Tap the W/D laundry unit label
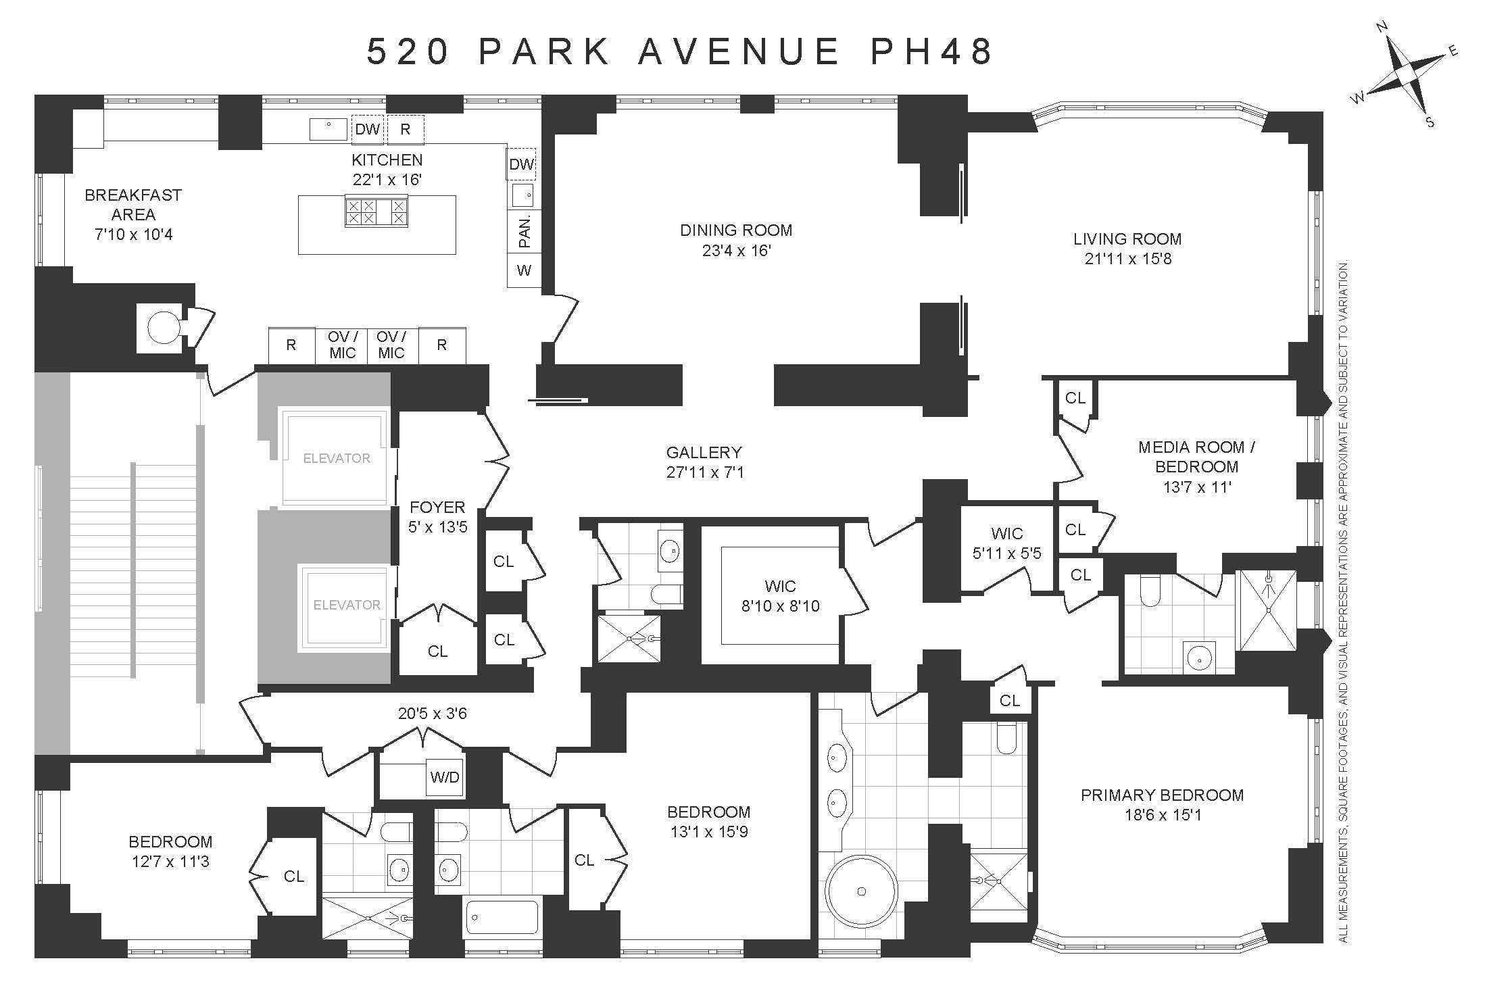(445, 777)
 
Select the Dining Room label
(736, 230)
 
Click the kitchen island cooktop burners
(376, 212)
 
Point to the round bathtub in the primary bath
(861, 891)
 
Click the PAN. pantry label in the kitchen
(525, 231)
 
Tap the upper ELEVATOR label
(337, 458)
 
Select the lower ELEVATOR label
(347, 605)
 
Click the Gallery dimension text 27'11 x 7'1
(705, 472)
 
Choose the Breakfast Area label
(133, 205)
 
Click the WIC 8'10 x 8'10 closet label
(781, 596)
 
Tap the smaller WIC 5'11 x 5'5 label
(1007, 543)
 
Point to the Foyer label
(437, 508)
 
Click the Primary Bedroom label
(1162, 795)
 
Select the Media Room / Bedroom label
(1196, 457)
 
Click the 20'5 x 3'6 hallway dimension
(433, 714)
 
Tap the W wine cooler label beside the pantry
(524, 271)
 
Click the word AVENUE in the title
(739, 52)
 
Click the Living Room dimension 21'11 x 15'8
(1128, 259)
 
